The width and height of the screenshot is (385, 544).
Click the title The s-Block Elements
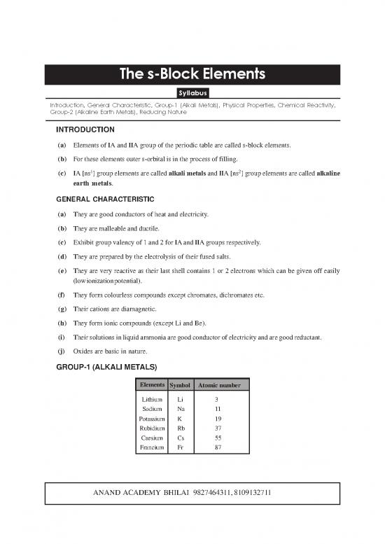pos(192,74)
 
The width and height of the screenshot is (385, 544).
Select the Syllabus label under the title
pos(192,92)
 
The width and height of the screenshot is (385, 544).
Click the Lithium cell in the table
pos(152,398)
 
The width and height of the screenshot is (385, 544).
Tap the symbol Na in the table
pos(181,408)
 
